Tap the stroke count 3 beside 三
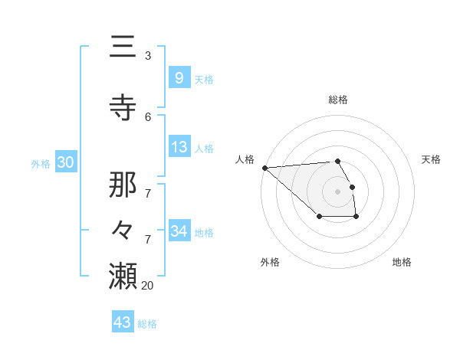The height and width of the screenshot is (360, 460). (148, 56)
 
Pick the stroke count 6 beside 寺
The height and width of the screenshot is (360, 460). (148, 116)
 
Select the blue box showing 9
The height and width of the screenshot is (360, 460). (179, 78)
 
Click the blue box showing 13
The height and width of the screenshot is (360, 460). (179, 147)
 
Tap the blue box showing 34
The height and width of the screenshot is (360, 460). (179, 231)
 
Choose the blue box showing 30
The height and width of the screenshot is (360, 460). (65, 162)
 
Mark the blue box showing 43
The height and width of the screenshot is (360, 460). (123, 322)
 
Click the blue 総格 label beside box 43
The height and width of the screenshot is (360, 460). (147, 324)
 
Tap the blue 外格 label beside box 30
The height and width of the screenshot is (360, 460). (41, 164)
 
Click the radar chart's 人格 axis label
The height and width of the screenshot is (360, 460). (245, 159)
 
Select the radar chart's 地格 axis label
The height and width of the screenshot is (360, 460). (402, 262)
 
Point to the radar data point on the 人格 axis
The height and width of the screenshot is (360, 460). (264, 168)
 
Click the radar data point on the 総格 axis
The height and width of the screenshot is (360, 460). (337, 161)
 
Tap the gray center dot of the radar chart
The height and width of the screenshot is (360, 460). (337, 191)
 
